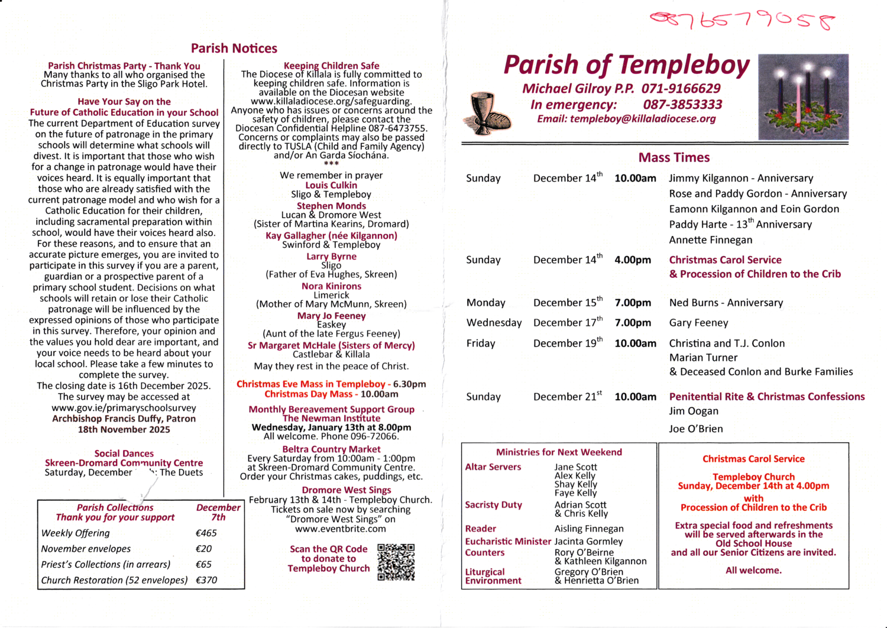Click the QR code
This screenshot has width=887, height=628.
click(x=396, y=562)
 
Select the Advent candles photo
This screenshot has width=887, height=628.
click(x=803, y=98)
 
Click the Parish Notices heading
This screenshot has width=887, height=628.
click(x=234, y=48)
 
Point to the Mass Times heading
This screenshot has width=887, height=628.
click(x=674, y=158)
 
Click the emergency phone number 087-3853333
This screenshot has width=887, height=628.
click(x=682, y=105)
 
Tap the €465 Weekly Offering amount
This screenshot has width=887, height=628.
click(x=206, y=533)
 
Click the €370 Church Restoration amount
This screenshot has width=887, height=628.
click(x=206, y=580)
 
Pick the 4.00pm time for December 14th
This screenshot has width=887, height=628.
click(x=632, y=260)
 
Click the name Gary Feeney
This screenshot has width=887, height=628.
click(x=698, y=323)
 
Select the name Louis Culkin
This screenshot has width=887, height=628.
click(x=331, y=185)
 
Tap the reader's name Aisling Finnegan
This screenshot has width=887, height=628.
click(x=589, y=529)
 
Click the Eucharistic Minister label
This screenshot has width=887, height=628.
click(x=508, y=541)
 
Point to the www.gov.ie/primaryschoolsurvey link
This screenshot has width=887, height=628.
click(x=124, y=408)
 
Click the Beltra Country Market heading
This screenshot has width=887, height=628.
click(x=331, y=449)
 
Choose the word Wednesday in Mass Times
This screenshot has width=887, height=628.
click(x=494, y=323)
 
